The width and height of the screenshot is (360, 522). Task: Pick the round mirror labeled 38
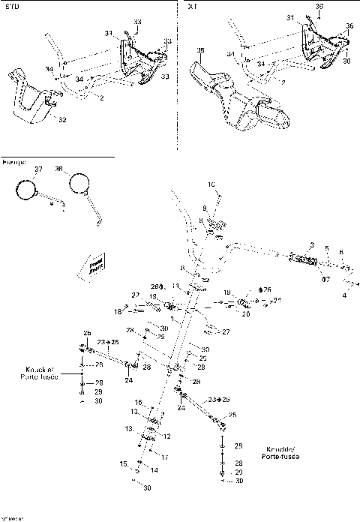(x=77, y=182)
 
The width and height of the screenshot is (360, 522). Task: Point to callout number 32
(x=62, y=119)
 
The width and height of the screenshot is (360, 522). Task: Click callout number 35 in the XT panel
(x=199, y=50)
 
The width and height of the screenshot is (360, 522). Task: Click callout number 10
(x=211, y=184)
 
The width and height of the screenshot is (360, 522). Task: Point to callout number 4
(x=344, y=295)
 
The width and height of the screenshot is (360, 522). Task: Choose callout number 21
(x=277, y=300)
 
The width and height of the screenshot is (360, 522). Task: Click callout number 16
(x=138, y=403)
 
